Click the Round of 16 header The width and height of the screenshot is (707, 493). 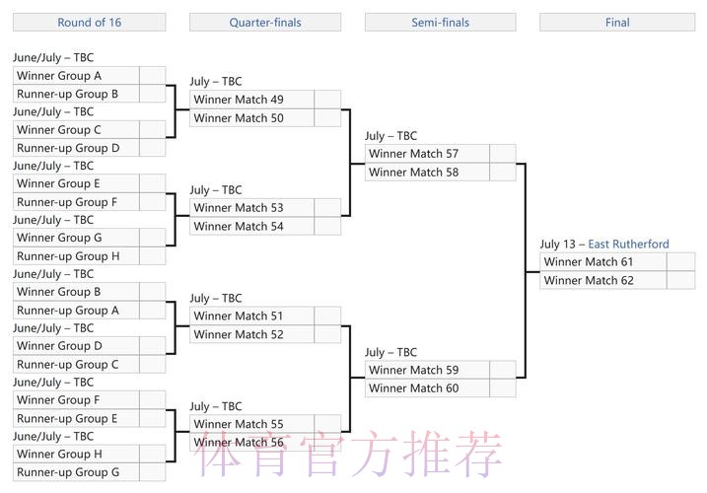pyautogui.click(x=89, y=22)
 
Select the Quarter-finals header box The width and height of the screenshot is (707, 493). pyautogui.click(x=264, y=22)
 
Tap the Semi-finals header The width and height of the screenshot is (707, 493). pyautogui.click(x=440, y=22)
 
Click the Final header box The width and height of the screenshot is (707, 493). pyautogui.click(x=617, y=22)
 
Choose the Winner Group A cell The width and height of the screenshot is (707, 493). pyautogui.click(x=76, y=76)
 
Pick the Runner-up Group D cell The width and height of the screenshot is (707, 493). pyautogui.click(x=76, y=148)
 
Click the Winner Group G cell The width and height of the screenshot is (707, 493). pyautogui.click(x=76, y=238)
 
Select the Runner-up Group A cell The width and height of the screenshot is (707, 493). pyautogui.click(x=76, y=310)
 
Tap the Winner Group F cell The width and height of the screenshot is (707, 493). pyautogui.click(x=76, y=400)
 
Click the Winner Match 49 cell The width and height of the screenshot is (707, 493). pyautogui.click(x=251, y=100)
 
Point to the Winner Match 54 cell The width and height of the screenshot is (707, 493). pyautogui.click(x=251, y=226)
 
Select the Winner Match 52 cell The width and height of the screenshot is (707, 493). pyautogui.click(x=251, y=334)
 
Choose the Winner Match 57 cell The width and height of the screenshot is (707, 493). pyautogui.click(x=427, y=154)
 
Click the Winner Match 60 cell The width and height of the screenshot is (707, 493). pyautogui.click(x=427, y=388)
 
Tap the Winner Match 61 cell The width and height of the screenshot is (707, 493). pyautogui.click(x=602, y=262)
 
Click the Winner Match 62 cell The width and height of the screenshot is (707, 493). pyautogui.click(x=602, y=280)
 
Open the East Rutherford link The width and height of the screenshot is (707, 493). pyautogui.click(x=628, y=245)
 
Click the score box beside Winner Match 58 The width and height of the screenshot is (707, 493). pyautogui.click(x=503, y=172)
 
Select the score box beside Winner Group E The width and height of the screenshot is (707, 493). pyautogui.click(x=152, y=183)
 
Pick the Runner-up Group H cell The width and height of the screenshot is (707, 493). pyautogui.click(x=76, y=256)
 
